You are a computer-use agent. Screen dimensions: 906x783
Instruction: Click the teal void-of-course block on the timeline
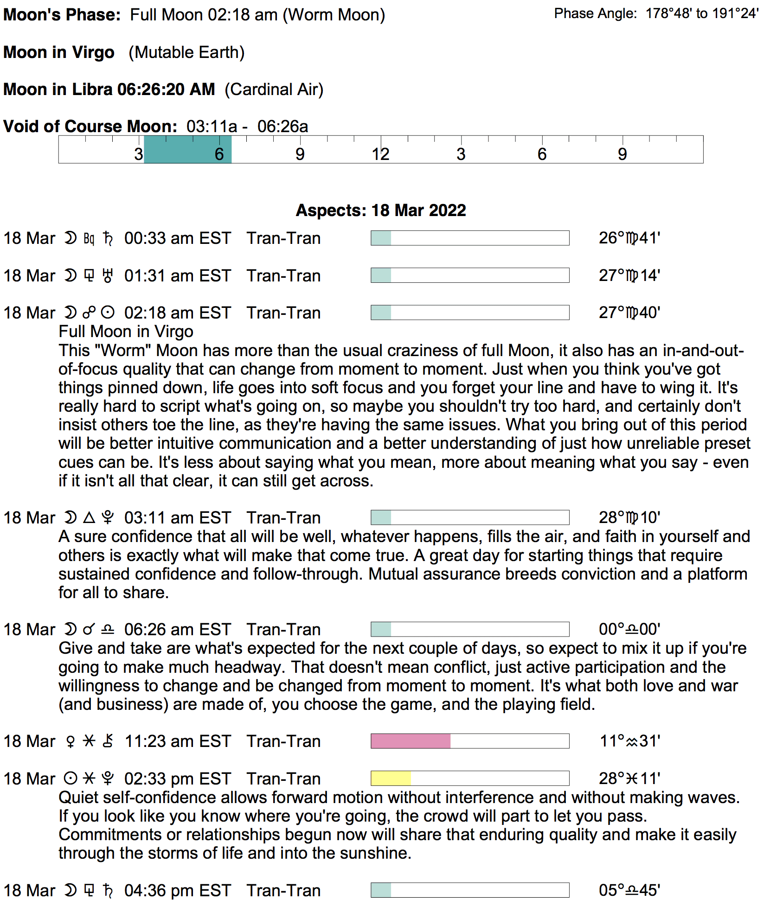pyautogui.click(x=187, y=150)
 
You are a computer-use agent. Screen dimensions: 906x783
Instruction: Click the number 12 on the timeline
pyautogui.click(x=380, y=154)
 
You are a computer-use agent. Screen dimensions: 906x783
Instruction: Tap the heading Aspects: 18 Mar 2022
pyautogui.click(x=381, y=211)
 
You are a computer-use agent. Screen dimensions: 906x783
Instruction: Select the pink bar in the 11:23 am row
pyautogui.click(x=411, y=741)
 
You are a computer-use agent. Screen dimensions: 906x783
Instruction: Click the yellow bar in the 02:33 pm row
pyautogui.click(x=391, y=778)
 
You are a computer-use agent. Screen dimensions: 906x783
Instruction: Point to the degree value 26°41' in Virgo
pyautogui.click(x=629, y=238)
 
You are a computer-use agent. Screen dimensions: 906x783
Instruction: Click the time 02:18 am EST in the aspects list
pyautogui.click(x=177, y=313)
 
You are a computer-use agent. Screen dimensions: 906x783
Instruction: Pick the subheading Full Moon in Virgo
pyautogui.click(x=126, y=332)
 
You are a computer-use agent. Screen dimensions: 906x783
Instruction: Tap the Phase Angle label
pyautogui.click(x=595, y=14)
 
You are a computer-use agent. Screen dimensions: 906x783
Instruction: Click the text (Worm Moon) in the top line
pyautogui.click(x=334, y=15)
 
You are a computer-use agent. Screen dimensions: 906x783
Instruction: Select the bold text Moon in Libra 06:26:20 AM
pyautogui.click(x=109, y=89)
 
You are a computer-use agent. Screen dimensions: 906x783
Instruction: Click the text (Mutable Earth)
pyautogui.click(x=186, y=52)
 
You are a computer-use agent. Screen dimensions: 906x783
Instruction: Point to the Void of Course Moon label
pyautogui.click(x=90, y=127)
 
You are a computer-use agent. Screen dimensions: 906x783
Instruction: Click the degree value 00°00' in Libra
pyautogui.click(x=629, y=630)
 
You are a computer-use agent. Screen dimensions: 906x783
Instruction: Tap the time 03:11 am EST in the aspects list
pyautogui.click(x=177, y=518)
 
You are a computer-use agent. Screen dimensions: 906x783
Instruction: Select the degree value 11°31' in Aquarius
pyautogui.click(x=629, y=741)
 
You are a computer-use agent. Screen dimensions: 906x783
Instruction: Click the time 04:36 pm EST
pyautogui.click(x=177, y=891)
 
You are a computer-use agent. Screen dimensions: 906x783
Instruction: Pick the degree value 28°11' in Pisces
pyautogui.click(x=629, y=779)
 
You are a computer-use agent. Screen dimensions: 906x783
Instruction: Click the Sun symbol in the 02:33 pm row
pyautogui.click(x=70, y=778)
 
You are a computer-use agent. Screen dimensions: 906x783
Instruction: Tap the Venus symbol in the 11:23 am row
pyautogui.click(x=71, y=741)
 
